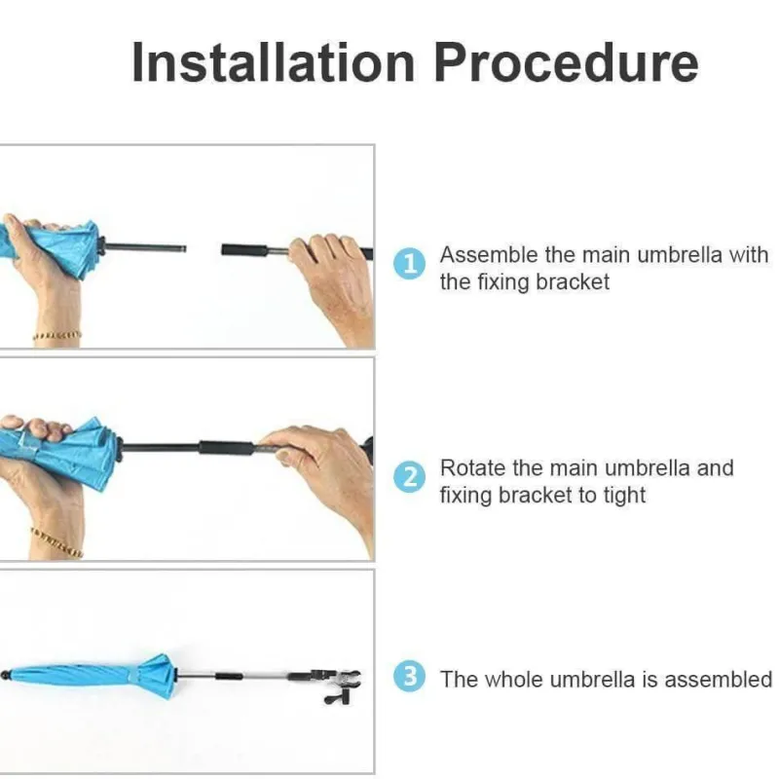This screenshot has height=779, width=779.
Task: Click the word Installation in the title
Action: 274,62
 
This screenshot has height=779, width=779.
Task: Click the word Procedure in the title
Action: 566,62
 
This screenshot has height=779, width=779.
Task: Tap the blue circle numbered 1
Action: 409,264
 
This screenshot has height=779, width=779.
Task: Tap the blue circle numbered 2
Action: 409,477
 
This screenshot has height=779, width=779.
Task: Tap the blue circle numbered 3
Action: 409,676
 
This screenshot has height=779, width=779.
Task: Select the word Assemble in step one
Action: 489,255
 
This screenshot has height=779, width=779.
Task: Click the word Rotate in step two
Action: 472,468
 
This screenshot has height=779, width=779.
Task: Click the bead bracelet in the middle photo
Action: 56,542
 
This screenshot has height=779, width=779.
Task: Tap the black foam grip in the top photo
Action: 245,250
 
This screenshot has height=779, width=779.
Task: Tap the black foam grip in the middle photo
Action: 227,447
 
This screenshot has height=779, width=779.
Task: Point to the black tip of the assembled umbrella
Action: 5,676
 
